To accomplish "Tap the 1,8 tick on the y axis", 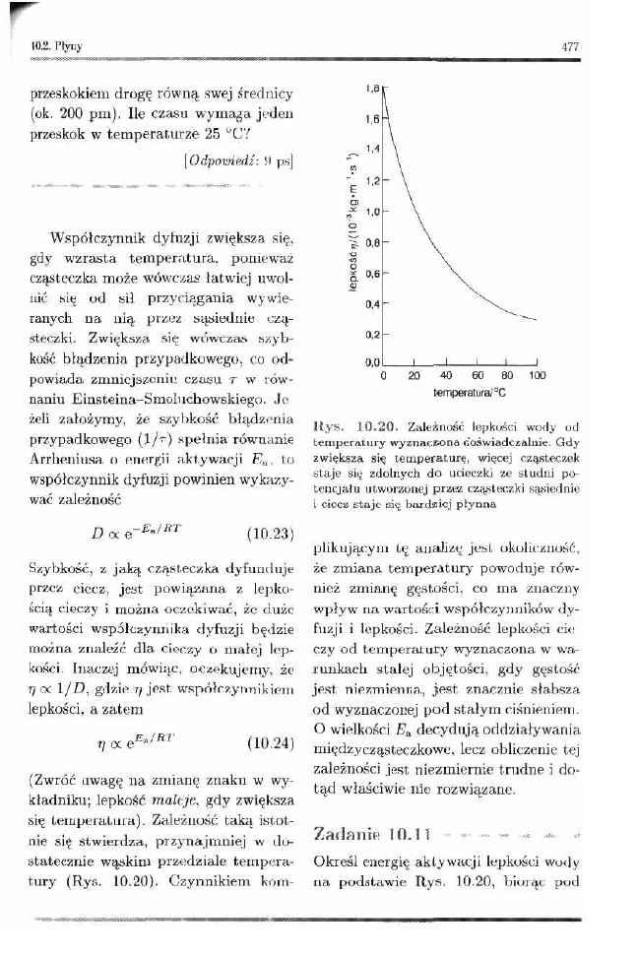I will tap(370, 90).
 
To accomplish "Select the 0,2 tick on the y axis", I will tap(370, 335).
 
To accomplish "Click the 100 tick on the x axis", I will tap(537, 376).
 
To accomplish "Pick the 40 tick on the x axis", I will tap(444, 376).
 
